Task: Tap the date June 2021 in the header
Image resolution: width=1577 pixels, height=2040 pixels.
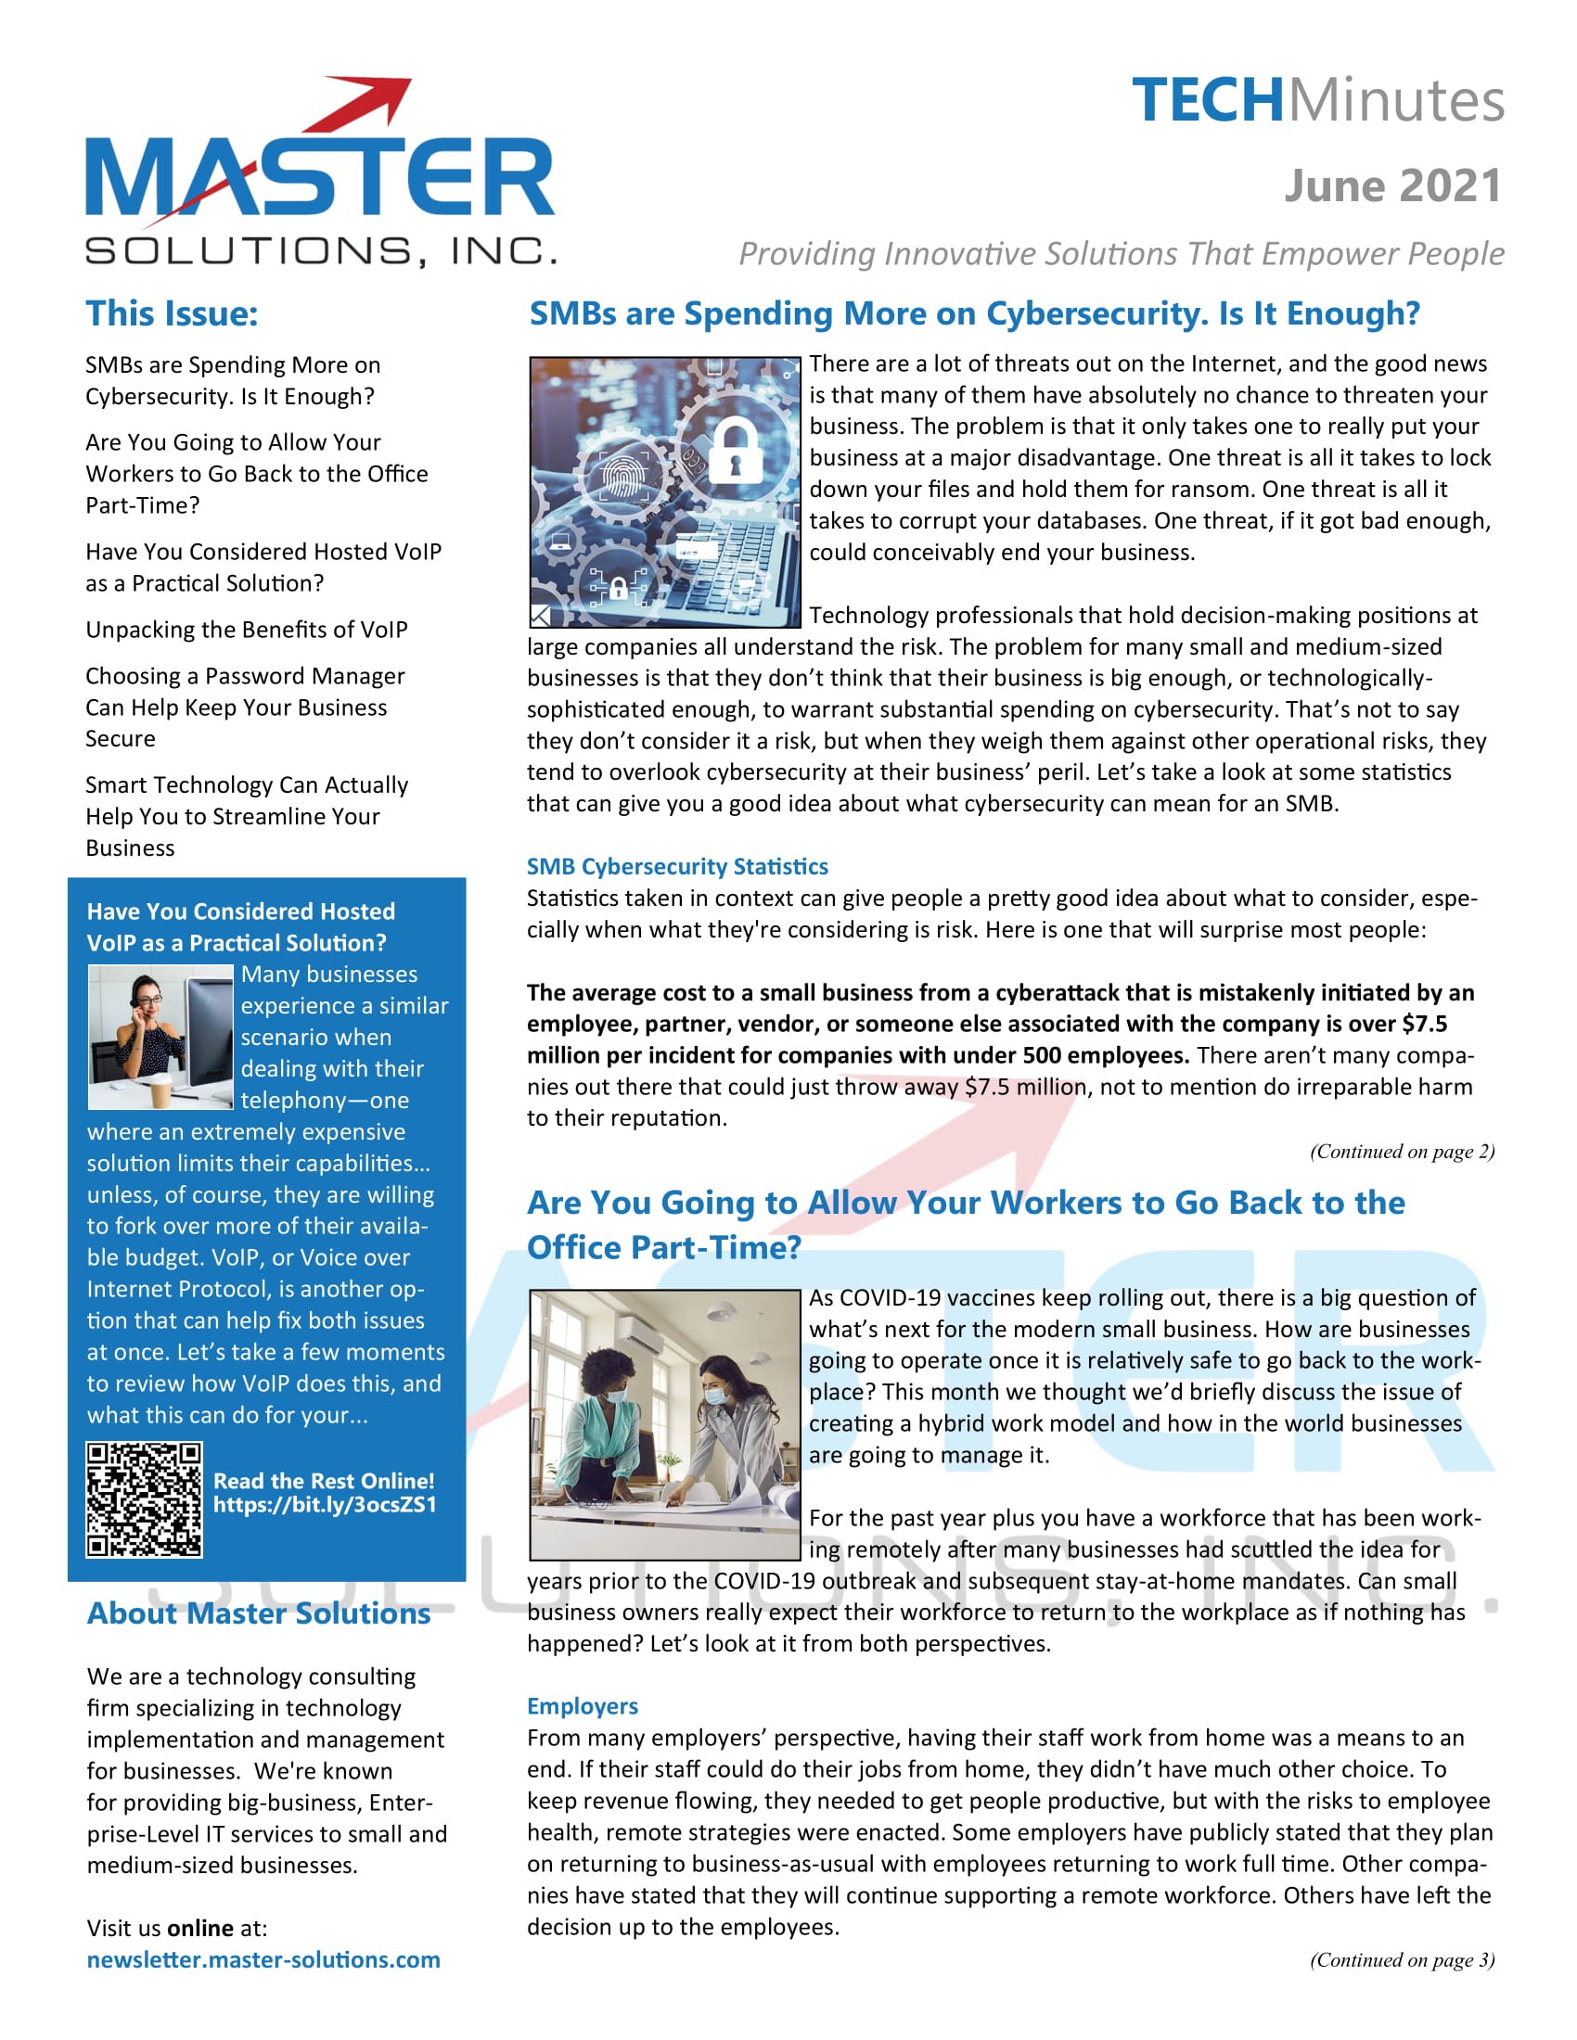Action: (1392, 185)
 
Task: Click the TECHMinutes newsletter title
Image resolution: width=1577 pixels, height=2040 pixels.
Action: (1317, 100)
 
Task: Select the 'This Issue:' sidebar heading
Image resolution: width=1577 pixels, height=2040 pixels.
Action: (172, 313)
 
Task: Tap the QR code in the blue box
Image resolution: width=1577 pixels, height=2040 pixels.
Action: (144, 1499)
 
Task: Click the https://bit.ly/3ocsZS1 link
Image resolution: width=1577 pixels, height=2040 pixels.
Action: (324, 1504)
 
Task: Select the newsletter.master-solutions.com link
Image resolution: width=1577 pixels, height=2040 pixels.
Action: (263, 1959)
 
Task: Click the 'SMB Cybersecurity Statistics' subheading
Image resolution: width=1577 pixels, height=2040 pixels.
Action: (677, 867)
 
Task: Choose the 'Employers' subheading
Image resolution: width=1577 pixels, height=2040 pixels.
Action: (582, 1706)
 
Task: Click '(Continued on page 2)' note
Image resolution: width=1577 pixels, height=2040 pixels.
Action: (1402, 1151)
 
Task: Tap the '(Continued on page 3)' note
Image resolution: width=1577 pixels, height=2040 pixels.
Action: (1402, 1959)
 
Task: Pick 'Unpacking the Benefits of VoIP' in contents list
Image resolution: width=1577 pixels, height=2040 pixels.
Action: (247, 630)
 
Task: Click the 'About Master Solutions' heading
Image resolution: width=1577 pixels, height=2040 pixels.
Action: (259, 1613)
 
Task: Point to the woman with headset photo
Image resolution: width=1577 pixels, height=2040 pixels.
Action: (160, 1037)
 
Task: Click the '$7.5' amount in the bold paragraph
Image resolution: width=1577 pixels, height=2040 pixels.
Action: (1424, 1024)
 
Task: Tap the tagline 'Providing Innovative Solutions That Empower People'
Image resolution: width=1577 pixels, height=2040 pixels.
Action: (1122, 253)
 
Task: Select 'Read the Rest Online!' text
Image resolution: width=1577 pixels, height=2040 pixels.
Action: (323, 1481)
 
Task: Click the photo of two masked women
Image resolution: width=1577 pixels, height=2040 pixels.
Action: (664, 1424)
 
